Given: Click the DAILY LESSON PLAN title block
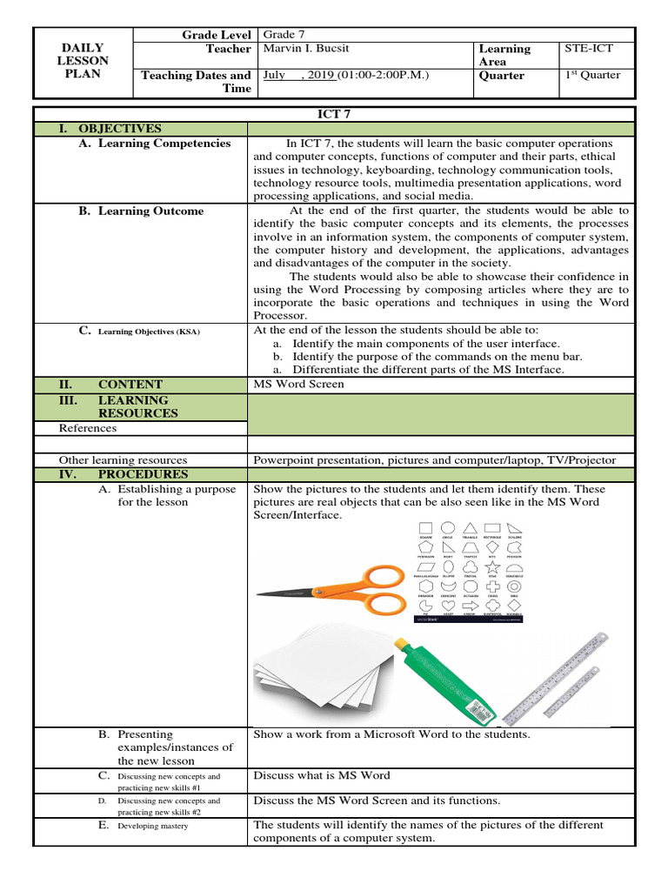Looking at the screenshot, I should click(83, 61).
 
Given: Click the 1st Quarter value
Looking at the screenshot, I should click(592, 75).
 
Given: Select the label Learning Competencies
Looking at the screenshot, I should click(164, 144).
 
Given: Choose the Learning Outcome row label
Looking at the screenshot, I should click(150, 211).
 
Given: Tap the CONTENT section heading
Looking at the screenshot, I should click(130, 384).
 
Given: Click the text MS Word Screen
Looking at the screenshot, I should click(298, 384).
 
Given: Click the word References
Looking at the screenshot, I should click(87, 428).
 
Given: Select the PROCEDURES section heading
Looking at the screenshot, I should click(143, 474).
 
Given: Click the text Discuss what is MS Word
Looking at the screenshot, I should click(322, 775).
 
